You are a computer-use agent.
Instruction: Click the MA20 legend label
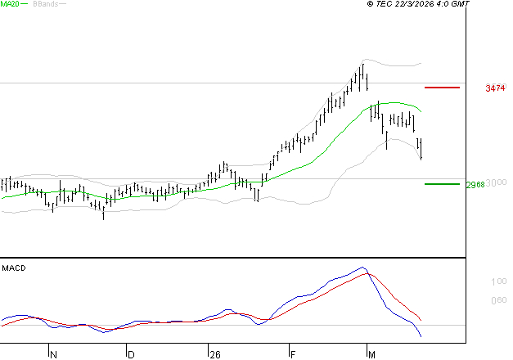pyautogui.click(x=10, y=4)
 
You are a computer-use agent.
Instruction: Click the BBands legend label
pyautogui.click(x=44, y=4)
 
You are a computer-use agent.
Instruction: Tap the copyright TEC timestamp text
pyautogui.click(x=418, y=4)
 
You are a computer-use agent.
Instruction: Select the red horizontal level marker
pyautogui.click(x=442, y=87)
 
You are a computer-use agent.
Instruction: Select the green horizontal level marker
pyautogui.click(x=442, y=184)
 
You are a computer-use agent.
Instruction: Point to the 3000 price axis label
pyautogui.click(x=497, y=182)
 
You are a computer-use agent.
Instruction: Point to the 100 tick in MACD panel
pyautogui.click(x=498, y=281)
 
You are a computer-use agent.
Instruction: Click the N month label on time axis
pyautogui.click(x=54, y=354)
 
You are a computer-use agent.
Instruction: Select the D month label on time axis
pyautogui.click(x=130, y=354)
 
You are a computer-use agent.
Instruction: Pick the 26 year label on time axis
pyautogui.click(x=215, y=354)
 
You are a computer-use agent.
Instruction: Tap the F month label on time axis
pyautogui.click(x=292, y=354)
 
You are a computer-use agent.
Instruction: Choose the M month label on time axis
pyautogui.click(x=371, y=354)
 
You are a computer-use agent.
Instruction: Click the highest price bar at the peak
pyautogui.click(x=362, y=74)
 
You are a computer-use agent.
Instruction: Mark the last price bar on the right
pyautogui.click(x=421, y=149)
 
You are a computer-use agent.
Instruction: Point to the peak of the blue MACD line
pyautogui.click(x=362, y=268)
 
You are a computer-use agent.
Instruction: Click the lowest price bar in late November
pyautogui.click(x=103, y=212)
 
